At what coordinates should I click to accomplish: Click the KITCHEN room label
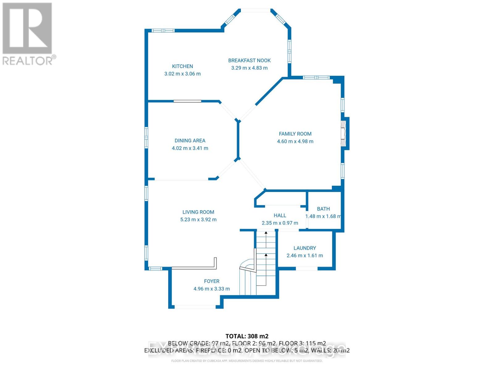click(182, 66)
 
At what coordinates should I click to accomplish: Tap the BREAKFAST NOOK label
click(249, 61)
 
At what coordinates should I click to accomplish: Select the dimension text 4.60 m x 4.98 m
click(295, 141)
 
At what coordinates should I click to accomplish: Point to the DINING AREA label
click(190, 141)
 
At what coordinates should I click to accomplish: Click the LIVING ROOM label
click(198, 212)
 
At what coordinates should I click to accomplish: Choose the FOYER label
click(212, 281)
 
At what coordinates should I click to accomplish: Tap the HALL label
click(280, 215)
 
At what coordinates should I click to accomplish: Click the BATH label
click(323, 209)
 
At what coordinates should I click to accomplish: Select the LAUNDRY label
click(305, 248)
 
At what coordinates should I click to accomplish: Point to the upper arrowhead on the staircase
click(266, 233)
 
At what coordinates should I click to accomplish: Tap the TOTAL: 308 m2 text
click(247, 336)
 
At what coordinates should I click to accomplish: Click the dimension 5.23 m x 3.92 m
click(198, 220)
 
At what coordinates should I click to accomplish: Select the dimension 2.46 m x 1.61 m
click(305, 256)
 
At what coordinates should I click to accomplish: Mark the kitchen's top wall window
click(163, 30)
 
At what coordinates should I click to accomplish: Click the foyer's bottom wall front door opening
click(195, 307)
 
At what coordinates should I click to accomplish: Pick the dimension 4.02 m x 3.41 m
click(190, 148)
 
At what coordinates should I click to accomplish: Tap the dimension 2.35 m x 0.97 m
click(280, 223)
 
